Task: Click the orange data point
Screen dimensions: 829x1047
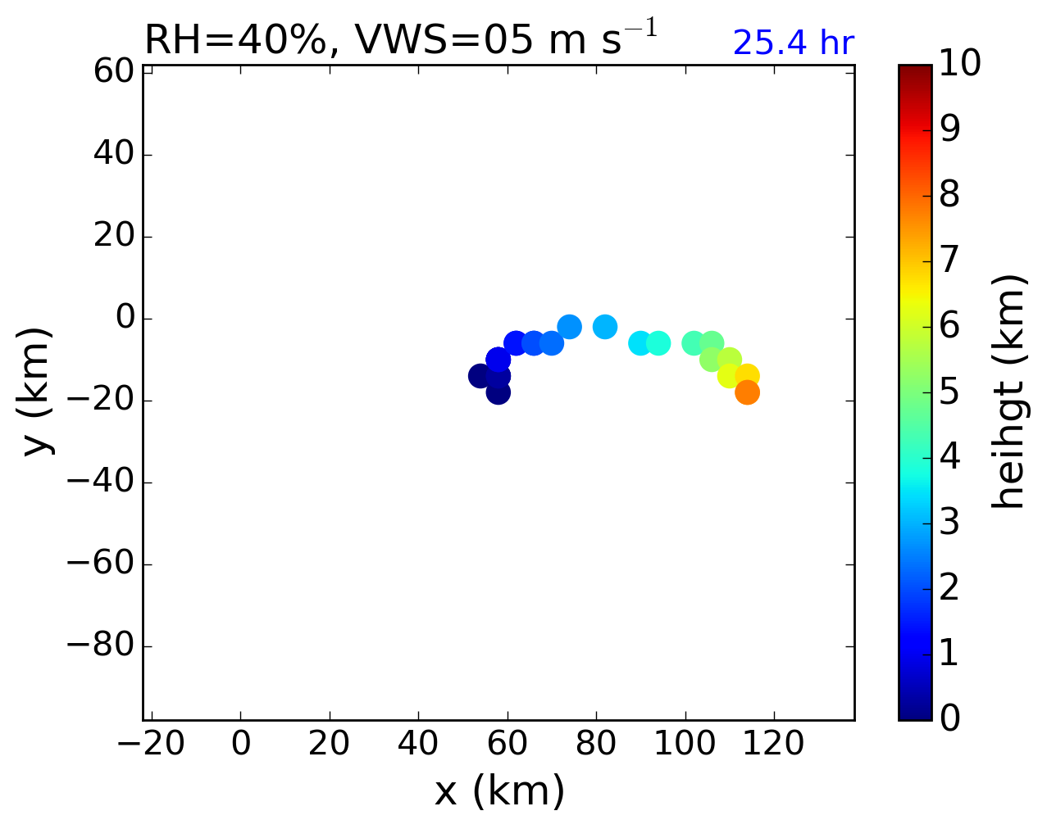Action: point(746,392)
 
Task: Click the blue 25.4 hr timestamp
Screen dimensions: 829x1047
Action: point(793,43)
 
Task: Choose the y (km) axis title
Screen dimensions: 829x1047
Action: point(37,392)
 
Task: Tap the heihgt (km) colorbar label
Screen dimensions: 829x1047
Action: point(1008,392)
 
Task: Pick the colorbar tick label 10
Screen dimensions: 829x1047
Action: point(958,64)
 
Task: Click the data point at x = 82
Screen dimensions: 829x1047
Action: point(604,327)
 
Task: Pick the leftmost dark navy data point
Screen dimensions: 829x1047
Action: point(480,376)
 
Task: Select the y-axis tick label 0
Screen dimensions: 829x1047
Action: point(125,318)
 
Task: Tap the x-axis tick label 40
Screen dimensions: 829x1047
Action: point(418,744)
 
